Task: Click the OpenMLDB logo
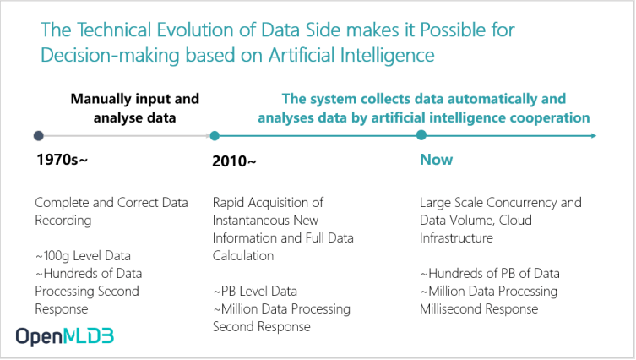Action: pyautogui.click(x=65, y=336)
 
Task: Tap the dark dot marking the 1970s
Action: pyautogui.click(x=39, y=135)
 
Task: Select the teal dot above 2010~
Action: pyautogui.click(x=215, y=135)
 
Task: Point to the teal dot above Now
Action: pyautogui.click(x=421, y=135)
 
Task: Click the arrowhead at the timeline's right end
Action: pyautogui.click(x=594, y=135)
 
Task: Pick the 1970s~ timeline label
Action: pyautogui.click(x=62, y=160)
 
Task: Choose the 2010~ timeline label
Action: pyautogui.click(x=234, y=161)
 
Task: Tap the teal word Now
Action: pyautogui.click(x=436, y=160)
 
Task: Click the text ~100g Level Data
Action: pyautogui.click(x=83, y=256)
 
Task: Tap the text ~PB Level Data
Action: pyautogui.click(x=255, y=291)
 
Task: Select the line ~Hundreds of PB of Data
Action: pyautogui.click(x=490, y=273)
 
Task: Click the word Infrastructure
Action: pyautogui.click(x=456, y=237)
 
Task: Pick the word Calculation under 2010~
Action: pyautogui.click(x=243, y=256)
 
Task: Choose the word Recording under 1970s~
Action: pyautogui.click(x=63, y=221)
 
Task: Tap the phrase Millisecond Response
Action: pyautogui.click(x=479, y=308)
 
